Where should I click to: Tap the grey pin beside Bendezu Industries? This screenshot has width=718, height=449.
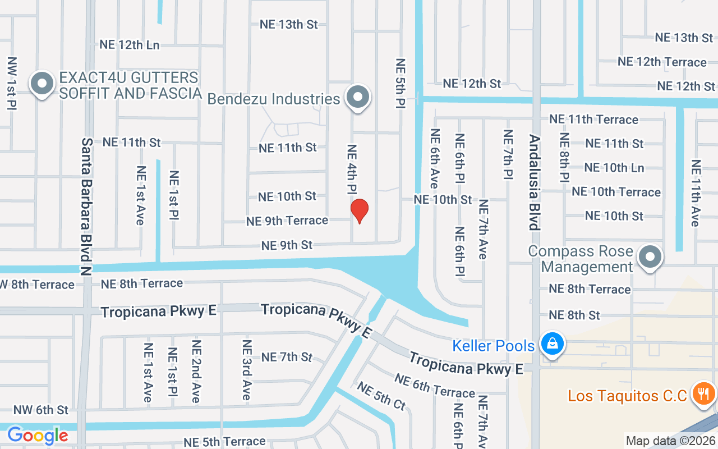coord(357,98)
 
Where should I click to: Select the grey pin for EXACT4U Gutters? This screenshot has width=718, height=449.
coord(42,85)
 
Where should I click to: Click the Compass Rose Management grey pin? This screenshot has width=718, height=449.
coord(650,258)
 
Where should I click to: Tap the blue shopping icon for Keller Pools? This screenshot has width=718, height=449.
coord(552,342)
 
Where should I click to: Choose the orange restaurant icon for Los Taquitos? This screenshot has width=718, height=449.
coord(702,394)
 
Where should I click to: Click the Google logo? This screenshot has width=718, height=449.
coord(38,435)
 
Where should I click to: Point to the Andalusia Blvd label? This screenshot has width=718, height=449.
coord(535,182)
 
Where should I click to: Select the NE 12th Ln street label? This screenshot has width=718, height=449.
coord(130,45)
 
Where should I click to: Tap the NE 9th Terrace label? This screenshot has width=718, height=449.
coord(287,221)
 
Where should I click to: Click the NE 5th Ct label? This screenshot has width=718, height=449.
coord(381,396)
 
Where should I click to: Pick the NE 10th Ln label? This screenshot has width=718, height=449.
coord(614,167)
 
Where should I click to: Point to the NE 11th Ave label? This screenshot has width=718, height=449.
coord(696,193)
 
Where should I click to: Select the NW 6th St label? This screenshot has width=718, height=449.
coord(40,410)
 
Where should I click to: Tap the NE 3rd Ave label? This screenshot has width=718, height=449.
coord(246,370)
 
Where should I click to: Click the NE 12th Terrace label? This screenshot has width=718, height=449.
coord(662,62)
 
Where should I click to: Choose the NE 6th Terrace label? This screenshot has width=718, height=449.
coord(434,386)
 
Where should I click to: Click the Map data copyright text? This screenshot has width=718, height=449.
coord(671,441)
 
